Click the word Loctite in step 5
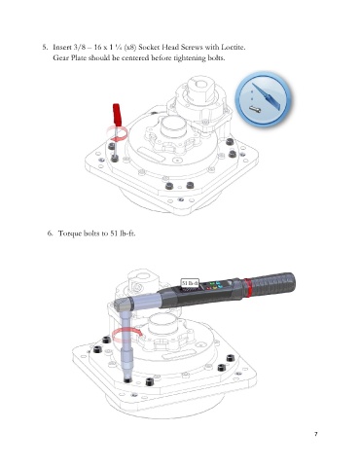pos(234,47)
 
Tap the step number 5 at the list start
pos(45,47)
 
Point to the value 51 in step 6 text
pos(114,233)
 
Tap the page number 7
pos(316,434)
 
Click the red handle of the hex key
pos(117,115)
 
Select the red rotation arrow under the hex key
pos(120,133)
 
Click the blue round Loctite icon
pos(263,98)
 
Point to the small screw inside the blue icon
pos(256,109)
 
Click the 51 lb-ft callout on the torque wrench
pos(190,283)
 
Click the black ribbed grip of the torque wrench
pos(273,283)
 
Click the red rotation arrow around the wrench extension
pos(126,335)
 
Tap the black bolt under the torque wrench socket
pos(127,379)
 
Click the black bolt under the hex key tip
pos(115,159)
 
